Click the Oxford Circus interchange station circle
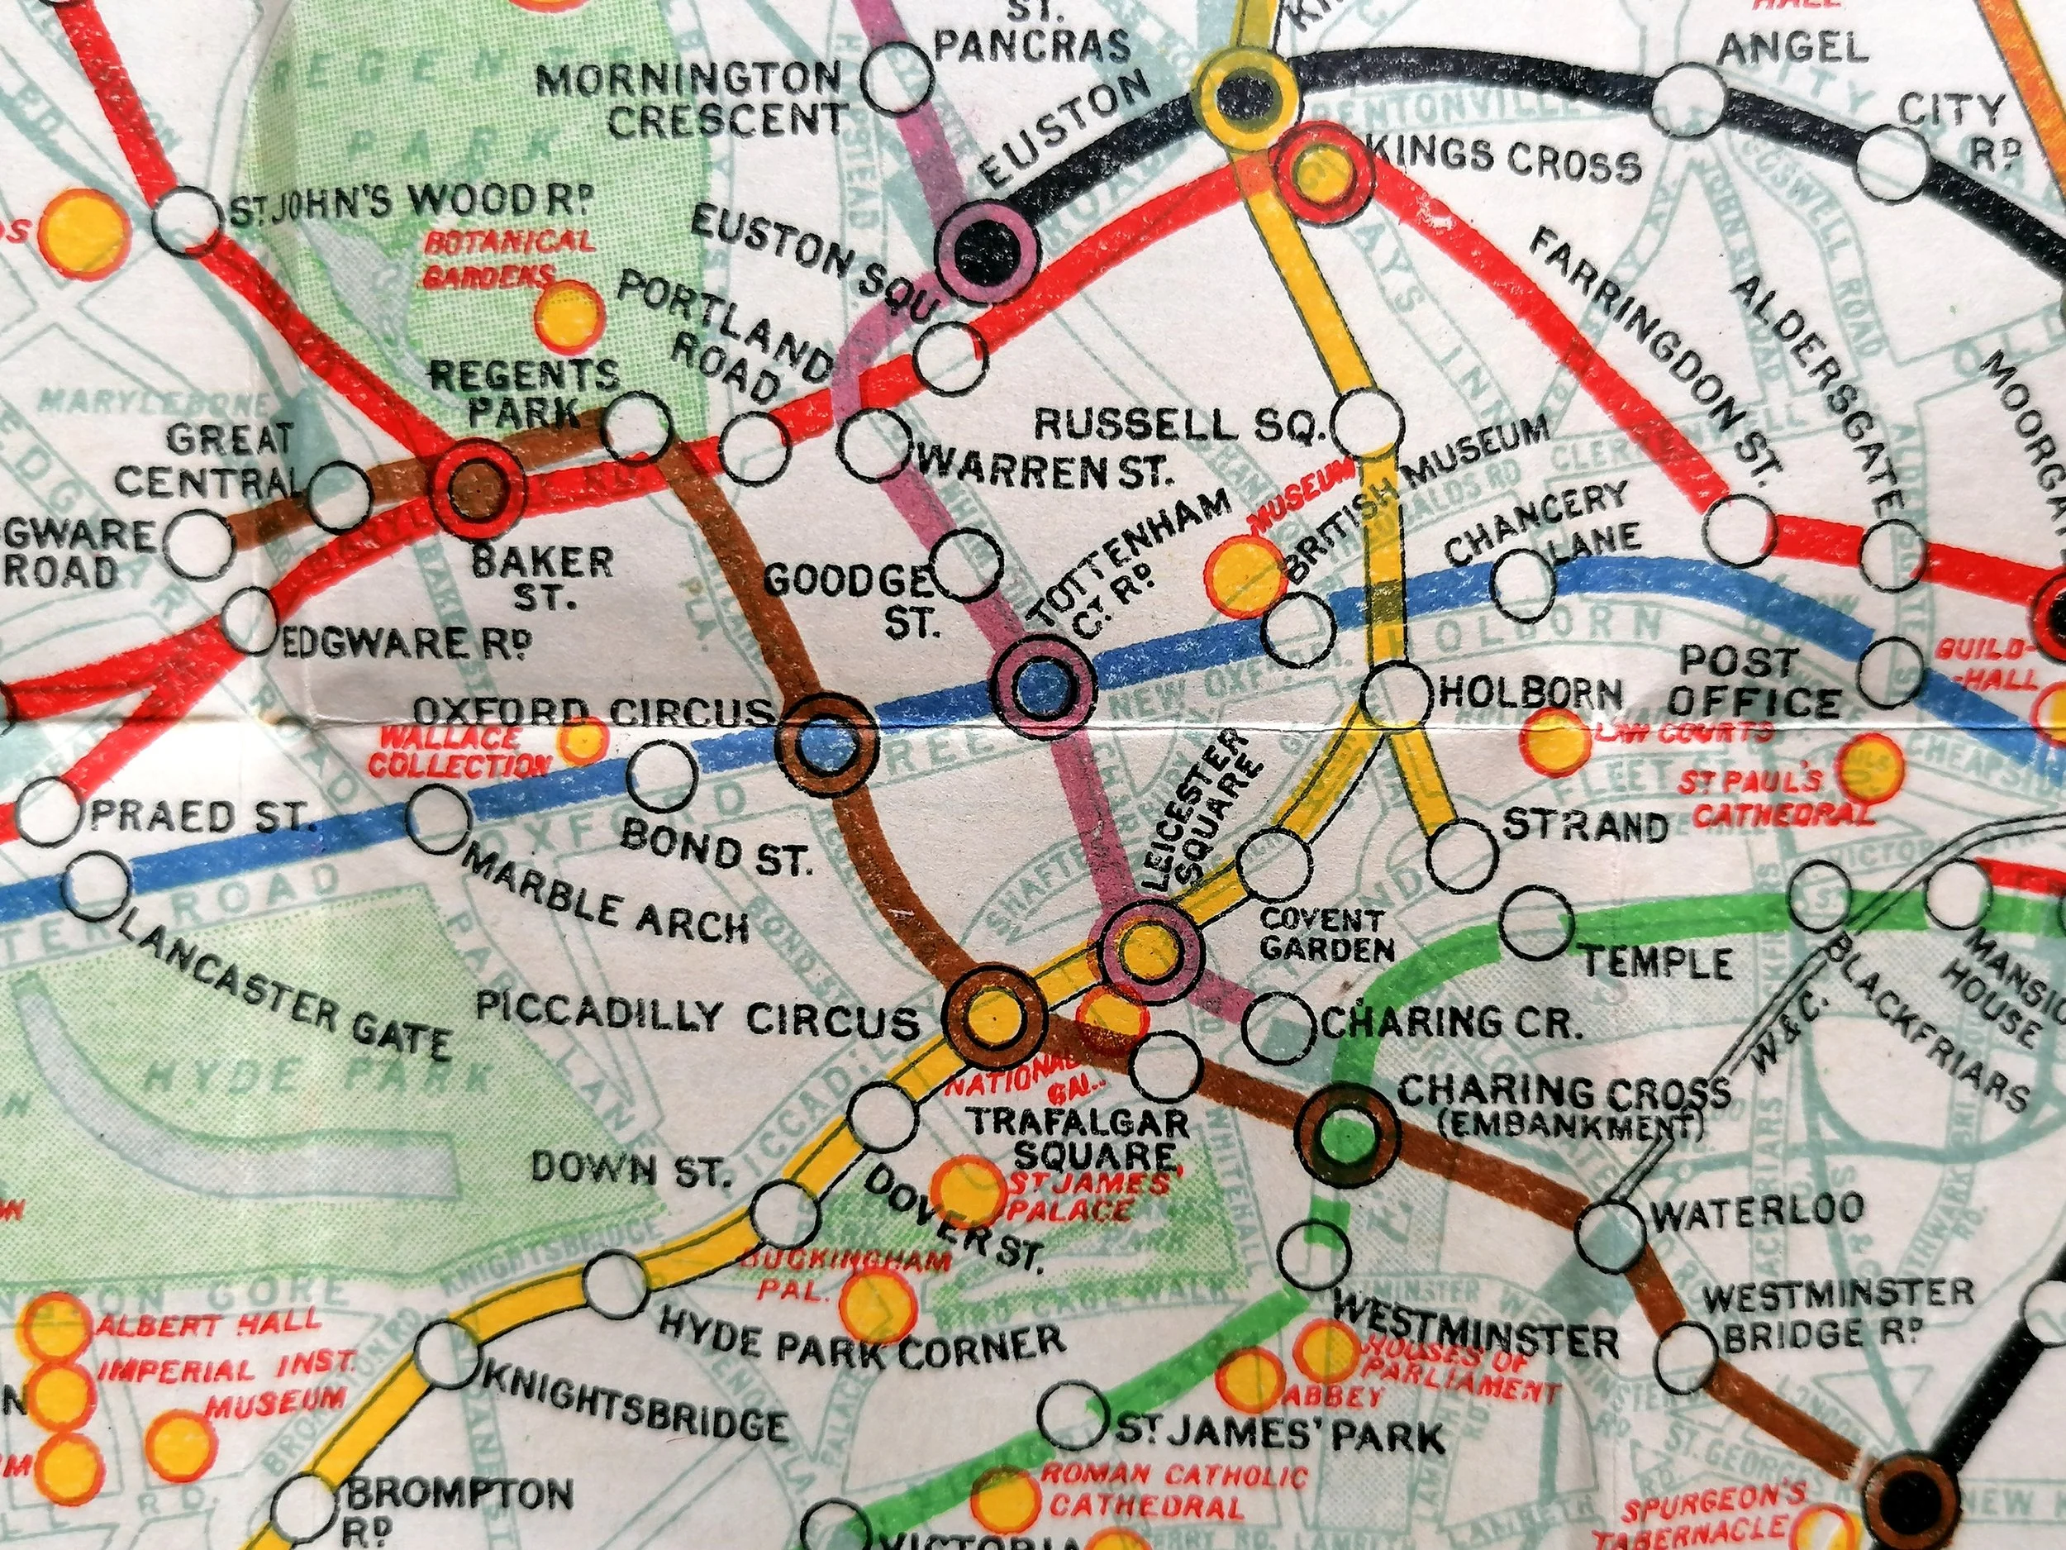pos(828,743)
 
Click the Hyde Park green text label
pos(317,1081)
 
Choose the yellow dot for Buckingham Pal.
pos(876,1305)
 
